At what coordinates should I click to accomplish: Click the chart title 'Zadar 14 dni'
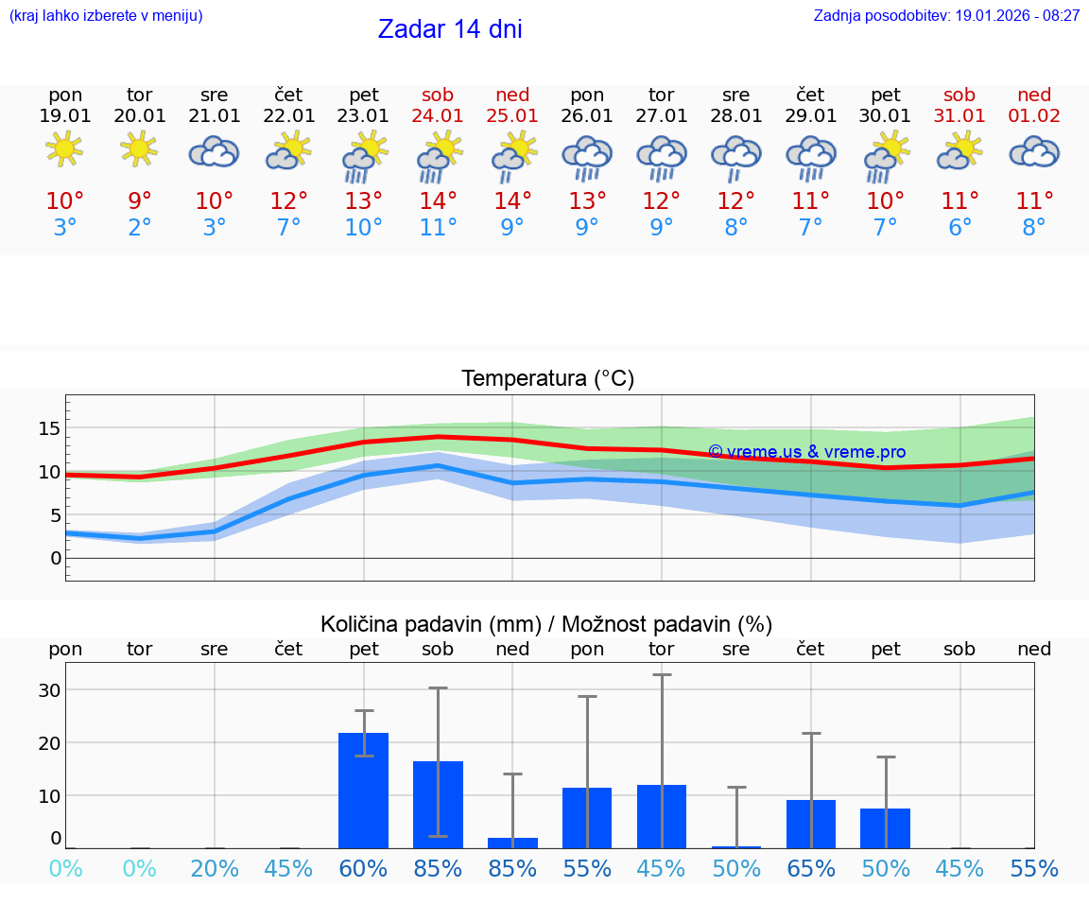[x=450, y=29]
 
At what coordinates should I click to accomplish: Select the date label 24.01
[x=438, y=116]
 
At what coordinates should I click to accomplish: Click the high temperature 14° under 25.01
[x=512, y=201]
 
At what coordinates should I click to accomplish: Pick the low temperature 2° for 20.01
[x=140, y=228]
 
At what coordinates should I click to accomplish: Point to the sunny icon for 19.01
[x=65, y=149]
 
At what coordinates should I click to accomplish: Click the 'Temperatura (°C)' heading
[x=547, y=379]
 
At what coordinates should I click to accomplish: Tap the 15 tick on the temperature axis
[x=49, y=428]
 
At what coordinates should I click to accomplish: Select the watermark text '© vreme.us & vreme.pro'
[x=806, y=452]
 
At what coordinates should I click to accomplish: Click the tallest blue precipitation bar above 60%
[x=364, y=791]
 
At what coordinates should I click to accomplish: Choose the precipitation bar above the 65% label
[x=811, y=824]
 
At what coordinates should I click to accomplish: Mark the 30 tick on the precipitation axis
[x=49, y=690]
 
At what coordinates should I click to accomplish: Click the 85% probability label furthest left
[x=438, y=869]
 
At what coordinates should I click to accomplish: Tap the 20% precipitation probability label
[x=215, y=869]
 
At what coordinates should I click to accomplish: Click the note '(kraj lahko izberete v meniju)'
[x=106, y=16]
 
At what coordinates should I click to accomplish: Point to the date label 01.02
[x=1034, y=116]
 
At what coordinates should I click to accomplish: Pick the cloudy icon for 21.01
[x=214, y=151]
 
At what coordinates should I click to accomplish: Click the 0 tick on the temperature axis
[x=56, y=558]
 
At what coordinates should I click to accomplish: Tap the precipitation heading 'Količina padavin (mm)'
[x=430, y=624]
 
